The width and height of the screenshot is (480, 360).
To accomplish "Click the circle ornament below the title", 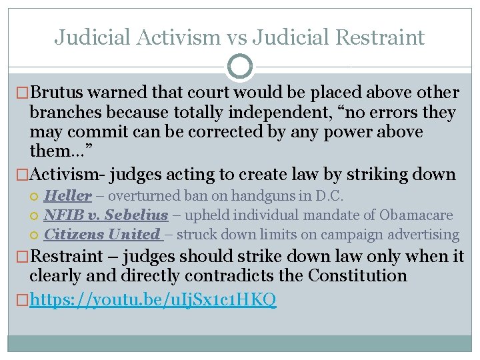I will (x=240, y=67).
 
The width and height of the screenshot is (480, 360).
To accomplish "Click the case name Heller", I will (x=67, y=196).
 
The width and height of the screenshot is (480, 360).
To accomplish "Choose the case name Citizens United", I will (x=102, y=235).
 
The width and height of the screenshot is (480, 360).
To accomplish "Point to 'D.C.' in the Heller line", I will (x=293, y=196).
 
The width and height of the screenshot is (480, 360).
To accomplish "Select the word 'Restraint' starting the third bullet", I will (x=67, y=256).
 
